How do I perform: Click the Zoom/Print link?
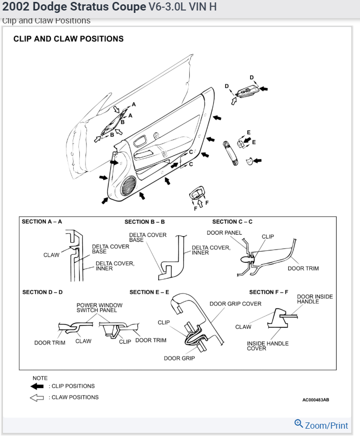click(x=327, y=425)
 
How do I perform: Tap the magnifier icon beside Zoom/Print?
click(x=299, y=423)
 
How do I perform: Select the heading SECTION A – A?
click(x=42, y=222)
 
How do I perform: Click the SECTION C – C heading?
click(x=232, y=222)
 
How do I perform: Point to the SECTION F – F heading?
click(x=269, y=292)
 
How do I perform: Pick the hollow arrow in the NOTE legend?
click(x=37, y=397)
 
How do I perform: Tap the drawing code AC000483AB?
click(x=316, y=400)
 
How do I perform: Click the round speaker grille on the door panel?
click(x=129, y=186)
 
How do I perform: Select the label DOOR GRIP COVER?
click(x=235, y=304)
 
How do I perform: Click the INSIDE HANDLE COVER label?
click(x=268, y=346)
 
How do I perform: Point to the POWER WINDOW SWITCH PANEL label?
click(x=99, y=308)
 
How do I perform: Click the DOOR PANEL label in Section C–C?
click(x=224, y=233)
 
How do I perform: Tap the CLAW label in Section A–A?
click(x=52, y=255)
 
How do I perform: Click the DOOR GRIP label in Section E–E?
click(x=179, y=358)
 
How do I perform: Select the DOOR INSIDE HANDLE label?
click(x=315, y=299)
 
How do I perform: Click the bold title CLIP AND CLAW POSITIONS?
click(x=68, y=39)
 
